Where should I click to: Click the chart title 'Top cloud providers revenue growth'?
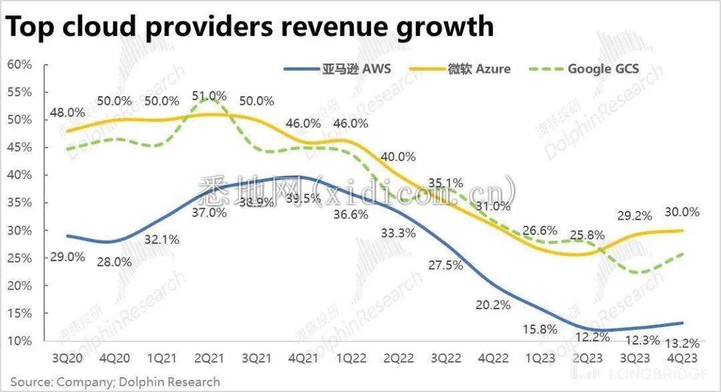(250, 26)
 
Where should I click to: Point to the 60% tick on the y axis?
(19, 64)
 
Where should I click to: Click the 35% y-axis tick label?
(19, 202)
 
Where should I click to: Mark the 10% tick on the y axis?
(19, 341)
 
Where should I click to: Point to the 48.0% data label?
(67, 112)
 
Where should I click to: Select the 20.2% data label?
(493, 305)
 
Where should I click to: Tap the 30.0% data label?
(682, 212)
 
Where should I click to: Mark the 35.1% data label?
(445, 182)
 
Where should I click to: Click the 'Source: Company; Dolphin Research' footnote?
(115, 382)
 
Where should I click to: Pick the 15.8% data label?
(541, 329)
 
